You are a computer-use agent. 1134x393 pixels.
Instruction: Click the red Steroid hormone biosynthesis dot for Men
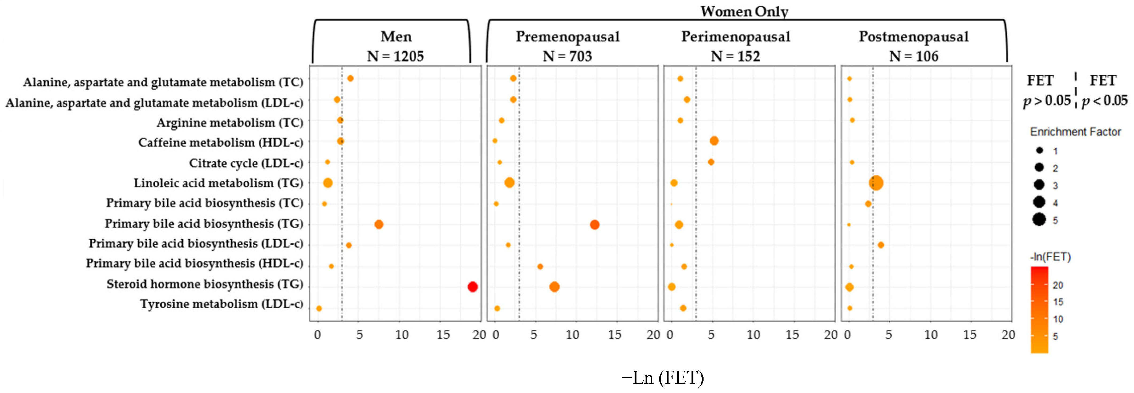pyautogui.click(x=472, y=287)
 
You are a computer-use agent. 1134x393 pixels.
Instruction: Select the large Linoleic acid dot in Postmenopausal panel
pyautogui.click(x=876, y=183)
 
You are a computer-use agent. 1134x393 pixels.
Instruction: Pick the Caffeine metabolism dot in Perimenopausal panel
pyautogui.click(x=714, y=141)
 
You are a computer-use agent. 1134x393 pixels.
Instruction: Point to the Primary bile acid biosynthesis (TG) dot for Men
pyautogui.click(x=379, y=225)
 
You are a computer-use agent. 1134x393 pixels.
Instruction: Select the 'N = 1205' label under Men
pyautogui.click(x=395, y=56)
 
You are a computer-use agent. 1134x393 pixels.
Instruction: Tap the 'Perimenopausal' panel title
pyautogui.click(x=736, y=37)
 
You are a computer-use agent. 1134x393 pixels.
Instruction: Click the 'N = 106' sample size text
pyautogui.click(x=914, y=56)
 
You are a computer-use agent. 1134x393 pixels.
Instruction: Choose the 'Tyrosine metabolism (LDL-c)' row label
pyautogui.click(x=222, y=304)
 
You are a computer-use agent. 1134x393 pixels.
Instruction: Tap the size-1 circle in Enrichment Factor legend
pyautogui.click(x=1039, y=151)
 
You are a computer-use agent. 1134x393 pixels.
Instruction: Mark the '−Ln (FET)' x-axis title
pyautogui.click(x=663, y=378)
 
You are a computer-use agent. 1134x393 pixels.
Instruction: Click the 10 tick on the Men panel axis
pyautogui.click(x=402, y=335)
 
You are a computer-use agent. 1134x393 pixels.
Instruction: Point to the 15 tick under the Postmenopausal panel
pyautogui.click(x=970, y=335)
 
